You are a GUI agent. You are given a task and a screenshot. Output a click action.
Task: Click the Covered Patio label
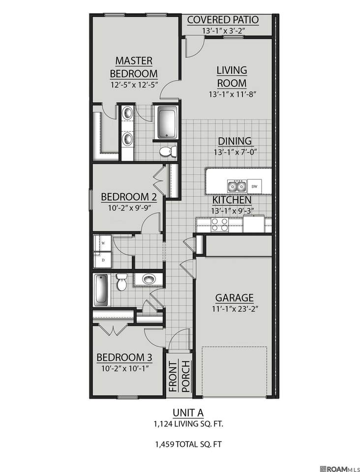tap(223, 20)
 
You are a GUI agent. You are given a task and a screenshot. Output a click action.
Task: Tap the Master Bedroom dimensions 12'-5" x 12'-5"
tap(134, 85)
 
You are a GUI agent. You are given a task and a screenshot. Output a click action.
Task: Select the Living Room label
tap(232, 77)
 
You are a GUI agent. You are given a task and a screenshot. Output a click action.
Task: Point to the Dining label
tap(235, 141)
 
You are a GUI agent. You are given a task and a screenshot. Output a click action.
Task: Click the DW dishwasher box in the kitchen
tap(254, 186)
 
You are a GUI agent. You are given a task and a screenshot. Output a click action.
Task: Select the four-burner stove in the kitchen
tap(219, 225)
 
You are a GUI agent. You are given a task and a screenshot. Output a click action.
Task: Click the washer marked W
tap(102, 243)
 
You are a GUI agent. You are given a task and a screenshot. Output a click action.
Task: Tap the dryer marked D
tap(102, 260)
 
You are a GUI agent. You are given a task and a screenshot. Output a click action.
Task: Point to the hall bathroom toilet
tap(121, 282)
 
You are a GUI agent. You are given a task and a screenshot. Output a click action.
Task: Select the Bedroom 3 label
tap(124, 357)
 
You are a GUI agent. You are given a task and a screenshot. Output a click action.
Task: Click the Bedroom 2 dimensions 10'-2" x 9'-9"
tap(129, 207)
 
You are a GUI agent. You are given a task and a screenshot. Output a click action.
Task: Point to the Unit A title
tap(188, 412)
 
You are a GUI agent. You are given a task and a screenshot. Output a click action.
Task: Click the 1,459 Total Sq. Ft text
tap(188, 443)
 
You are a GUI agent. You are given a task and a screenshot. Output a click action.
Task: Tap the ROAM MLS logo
tap(340, 469)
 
